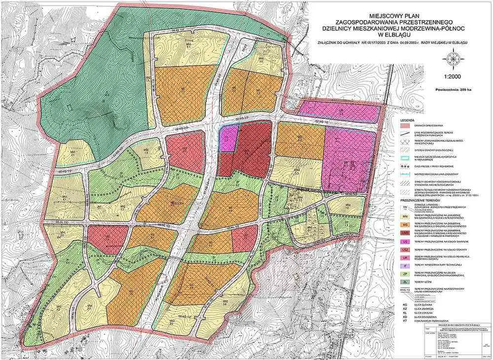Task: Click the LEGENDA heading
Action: coord(407,120)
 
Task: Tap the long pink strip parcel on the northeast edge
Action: coord(340,111)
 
